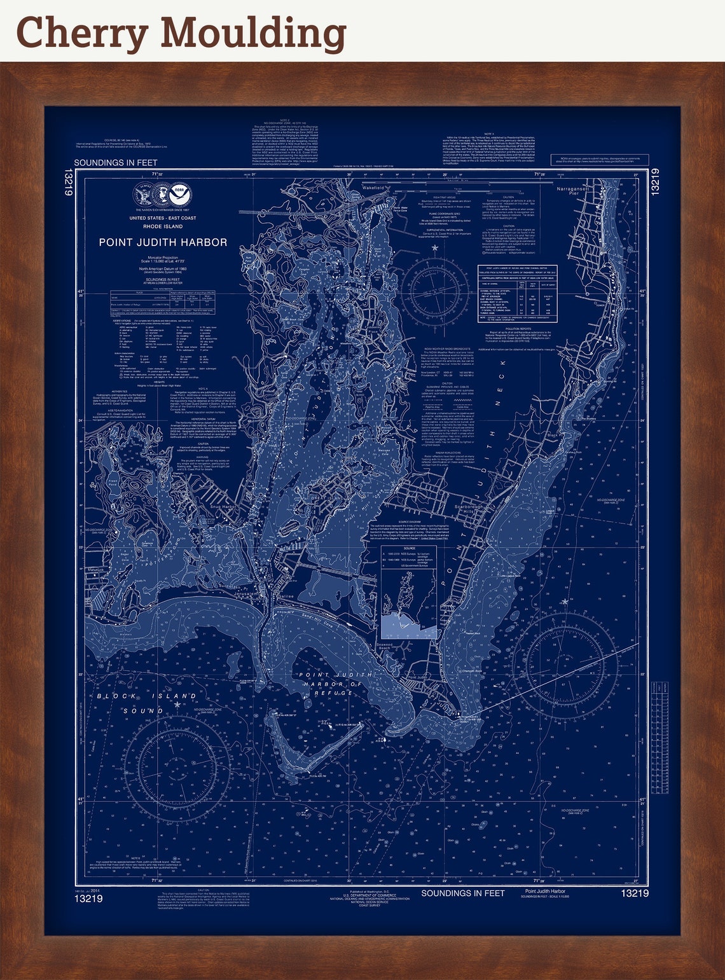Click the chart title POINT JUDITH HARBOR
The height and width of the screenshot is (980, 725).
pos(163,242)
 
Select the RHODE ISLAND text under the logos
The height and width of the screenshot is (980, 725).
pos(163,226)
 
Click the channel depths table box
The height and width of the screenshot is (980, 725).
pos(517,293)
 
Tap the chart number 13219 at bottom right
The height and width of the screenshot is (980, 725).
pos(635,894)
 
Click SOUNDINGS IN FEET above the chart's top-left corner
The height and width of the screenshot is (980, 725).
pos(116,163)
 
